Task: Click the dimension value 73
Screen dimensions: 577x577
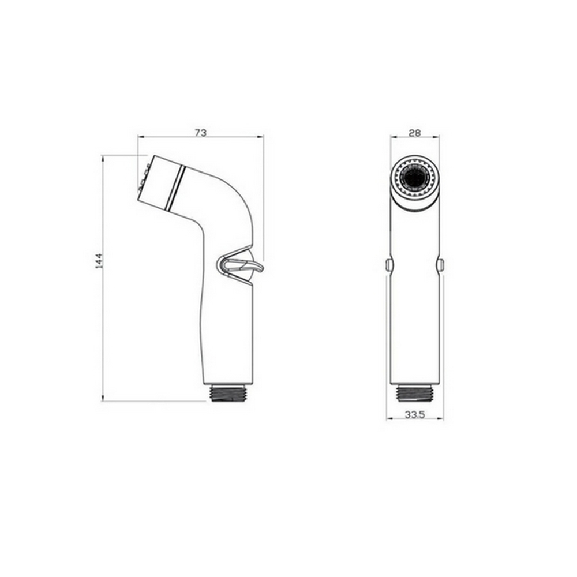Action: tap(200, 132)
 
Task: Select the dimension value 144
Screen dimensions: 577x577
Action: tap(98, 261)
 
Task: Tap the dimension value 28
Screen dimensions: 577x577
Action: tap(414, 132)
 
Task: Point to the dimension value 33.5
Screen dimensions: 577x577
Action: tap(414, 414)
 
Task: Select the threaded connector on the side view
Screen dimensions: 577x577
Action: tap(229, 393)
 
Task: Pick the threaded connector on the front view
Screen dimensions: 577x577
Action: tap(414, 392)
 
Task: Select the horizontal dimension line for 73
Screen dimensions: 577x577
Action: tap(231, 137)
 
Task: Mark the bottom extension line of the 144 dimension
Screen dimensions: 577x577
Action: tap(156, 401)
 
